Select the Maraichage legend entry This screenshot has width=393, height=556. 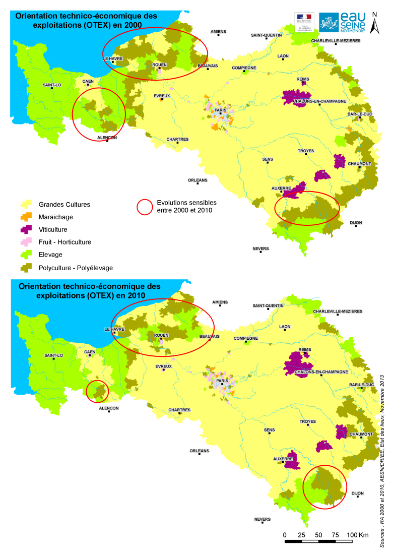pyautogui.click(x=55, y=217)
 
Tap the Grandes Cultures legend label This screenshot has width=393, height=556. pyautogui.click(x=64, y=205)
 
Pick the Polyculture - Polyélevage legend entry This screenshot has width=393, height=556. pyautogui.click(x=76, y=268)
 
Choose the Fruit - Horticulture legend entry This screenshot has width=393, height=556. pyautogui.click(x=64, y=242)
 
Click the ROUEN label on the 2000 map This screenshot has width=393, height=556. pyautogui.click(x=159, y=65)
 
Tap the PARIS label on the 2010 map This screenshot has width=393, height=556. pyautogui.click(x=222, y=381)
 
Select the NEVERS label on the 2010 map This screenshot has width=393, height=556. pyautogui.click(x=263, y=519)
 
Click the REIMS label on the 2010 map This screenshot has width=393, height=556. pyautogui.click(x=305, y=349)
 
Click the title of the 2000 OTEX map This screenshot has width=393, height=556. pyautogui.click(x=78, y=20)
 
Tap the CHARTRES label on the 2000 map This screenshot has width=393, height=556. pyautogui.click(x=178, y=140)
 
